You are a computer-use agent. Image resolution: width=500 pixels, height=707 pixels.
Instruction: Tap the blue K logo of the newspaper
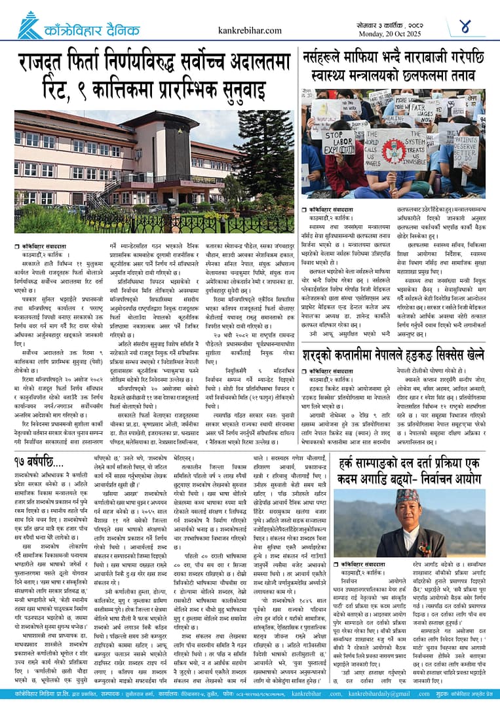pos(29,26)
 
